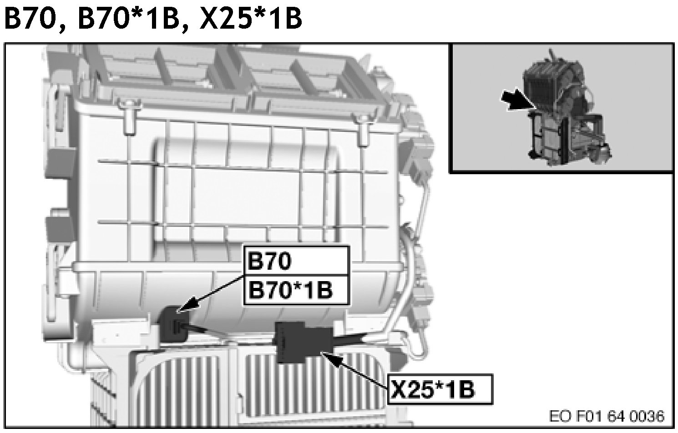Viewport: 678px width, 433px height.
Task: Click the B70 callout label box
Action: point(296,261)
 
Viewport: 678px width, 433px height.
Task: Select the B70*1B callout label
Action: point(296,290)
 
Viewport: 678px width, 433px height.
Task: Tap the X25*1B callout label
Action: point(440,389)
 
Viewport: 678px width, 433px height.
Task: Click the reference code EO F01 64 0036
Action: point(607,416)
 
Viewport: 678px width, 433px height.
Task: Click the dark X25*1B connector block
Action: point(303,342)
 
